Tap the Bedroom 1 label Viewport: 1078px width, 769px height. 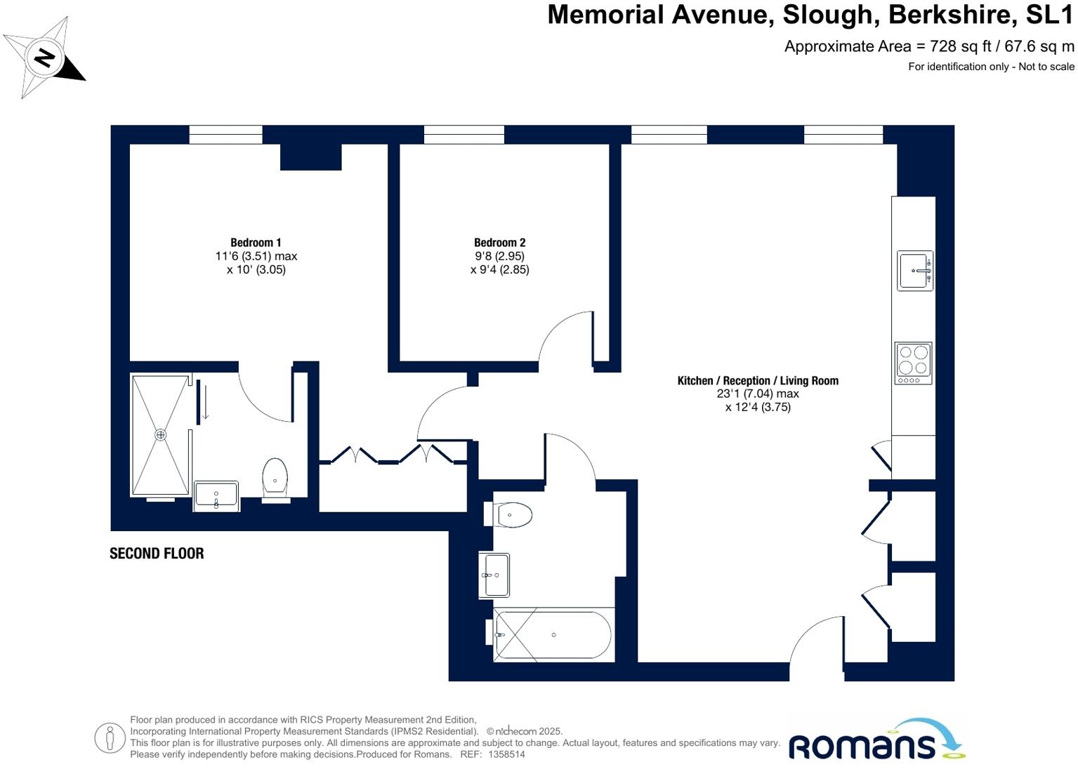256,243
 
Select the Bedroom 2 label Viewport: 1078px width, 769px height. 499,243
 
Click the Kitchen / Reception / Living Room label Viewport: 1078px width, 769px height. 758,380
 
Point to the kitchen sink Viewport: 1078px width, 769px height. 914,270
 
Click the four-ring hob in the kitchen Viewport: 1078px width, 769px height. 913,363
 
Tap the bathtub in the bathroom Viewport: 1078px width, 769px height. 553,635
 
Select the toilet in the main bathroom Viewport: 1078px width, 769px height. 513,515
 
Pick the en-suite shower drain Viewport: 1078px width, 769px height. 161,435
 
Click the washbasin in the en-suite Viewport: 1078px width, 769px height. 216,495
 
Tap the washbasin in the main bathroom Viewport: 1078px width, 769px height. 495,575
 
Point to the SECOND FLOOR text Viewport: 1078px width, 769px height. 157,554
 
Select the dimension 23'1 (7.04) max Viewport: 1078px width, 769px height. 758,394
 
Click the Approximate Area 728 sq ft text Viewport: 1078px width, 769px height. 928,46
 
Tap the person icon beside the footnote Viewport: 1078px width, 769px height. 110,738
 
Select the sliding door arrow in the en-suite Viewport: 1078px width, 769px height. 205,403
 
